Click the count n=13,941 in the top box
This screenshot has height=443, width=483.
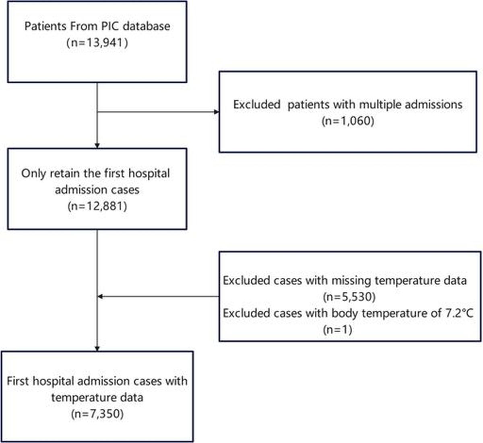[97, 43]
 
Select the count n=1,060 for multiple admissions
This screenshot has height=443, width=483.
[348, 121]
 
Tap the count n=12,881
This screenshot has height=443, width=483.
[97, 206]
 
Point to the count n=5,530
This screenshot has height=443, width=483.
[349, 297]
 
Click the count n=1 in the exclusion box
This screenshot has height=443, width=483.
[338, 330]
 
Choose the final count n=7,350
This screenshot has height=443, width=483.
[97, 414]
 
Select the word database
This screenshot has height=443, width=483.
[147, 26]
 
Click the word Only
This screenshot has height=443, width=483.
[33, 174]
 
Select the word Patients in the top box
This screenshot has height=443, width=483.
[45, 26]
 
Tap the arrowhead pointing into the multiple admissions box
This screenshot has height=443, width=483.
[217, 112]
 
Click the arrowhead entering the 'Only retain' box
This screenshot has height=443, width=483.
[97, 146]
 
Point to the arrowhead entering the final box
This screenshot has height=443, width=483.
[97, 349]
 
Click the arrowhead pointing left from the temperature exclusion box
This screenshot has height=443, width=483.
[100, 297]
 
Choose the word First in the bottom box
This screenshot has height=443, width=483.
[18, 381]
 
